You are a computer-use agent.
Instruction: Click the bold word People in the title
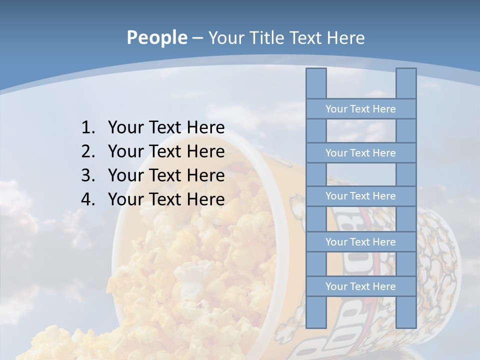156,38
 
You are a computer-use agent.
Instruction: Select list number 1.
87,128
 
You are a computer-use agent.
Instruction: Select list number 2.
87,151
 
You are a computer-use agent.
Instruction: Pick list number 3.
87,175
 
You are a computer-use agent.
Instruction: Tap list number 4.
87,199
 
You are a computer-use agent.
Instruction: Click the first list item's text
166,128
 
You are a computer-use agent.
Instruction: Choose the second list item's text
166,151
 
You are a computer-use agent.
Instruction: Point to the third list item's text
166,175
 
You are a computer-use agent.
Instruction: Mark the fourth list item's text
166,199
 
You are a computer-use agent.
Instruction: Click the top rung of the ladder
360,109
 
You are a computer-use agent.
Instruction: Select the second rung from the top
360,153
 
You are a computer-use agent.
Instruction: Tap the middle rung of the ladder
360,196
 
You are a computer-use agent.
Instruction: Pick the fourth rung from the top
360,242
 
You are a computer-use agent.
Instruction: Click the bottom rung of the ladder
360,286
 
